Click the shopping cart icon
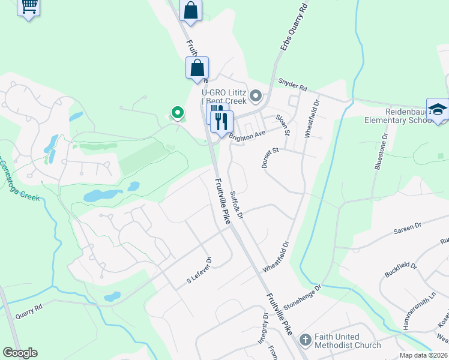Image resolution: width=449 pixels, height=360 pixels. pos(28,6)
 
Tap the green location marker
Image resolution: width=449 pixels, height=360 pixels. pos(177,112)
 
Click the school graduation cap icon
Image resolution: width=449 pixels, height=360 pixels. pos(438,109)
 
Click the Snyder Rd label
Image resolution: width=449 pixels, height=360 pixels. pos(292,84)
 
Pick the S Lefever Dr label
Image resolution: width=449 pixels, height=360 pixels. pos(199,271)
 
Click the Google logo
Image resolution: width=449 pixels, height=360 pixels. pos(20,353)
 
